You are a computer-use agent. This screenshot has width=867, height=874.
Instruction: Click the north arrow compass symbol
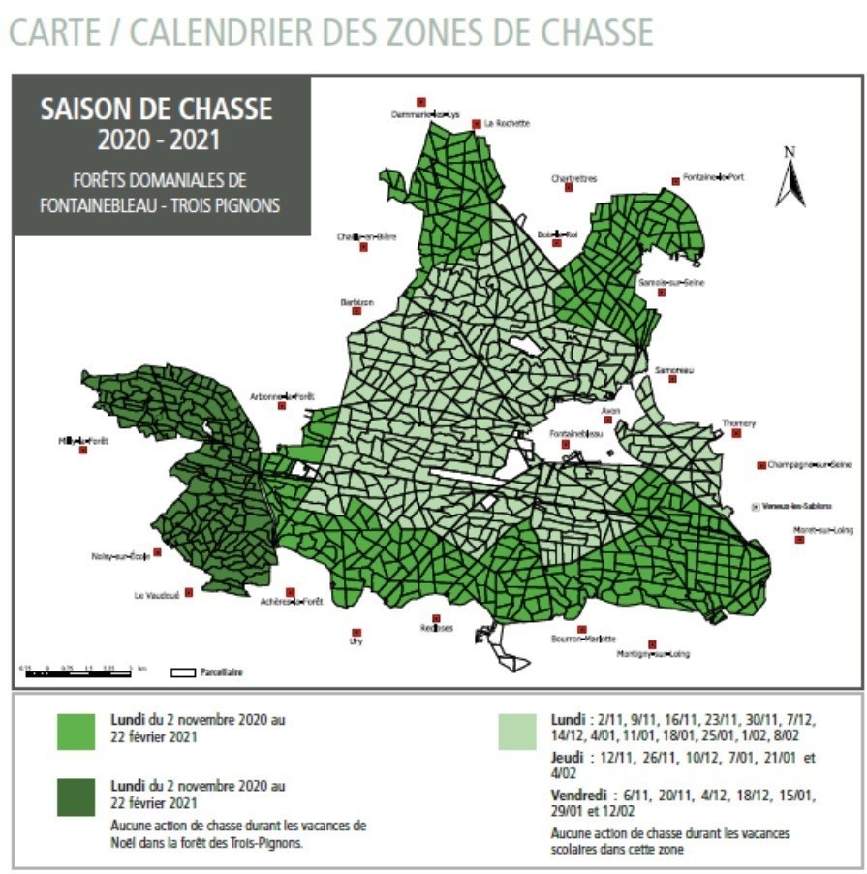point(790,177)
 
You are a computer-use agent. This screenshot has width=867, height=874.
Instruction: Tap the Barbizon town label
point(356,302)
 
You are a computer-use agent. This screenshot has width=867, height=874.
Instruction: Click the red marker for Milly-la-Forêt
point(83,450)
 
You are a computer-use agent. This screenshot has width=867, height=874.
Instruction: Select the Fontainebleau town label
point(575,433)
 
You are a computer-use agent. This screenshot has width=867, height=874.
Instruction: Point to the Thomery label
point(738,423)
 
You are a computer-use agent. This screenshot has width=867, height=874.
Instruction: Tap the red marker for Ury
point(356,632)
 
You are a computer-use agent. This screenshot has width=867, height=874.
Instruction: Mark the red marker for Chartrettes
point(569,187)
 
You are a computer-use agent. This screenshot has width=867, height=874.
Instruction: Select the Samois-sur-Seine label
point(671,282)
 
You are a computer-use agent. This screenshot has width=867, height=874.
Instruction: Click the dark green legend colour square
point(77,796)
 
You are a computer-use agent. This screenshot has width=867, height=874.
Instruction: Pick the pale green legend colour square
point(518,732)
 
